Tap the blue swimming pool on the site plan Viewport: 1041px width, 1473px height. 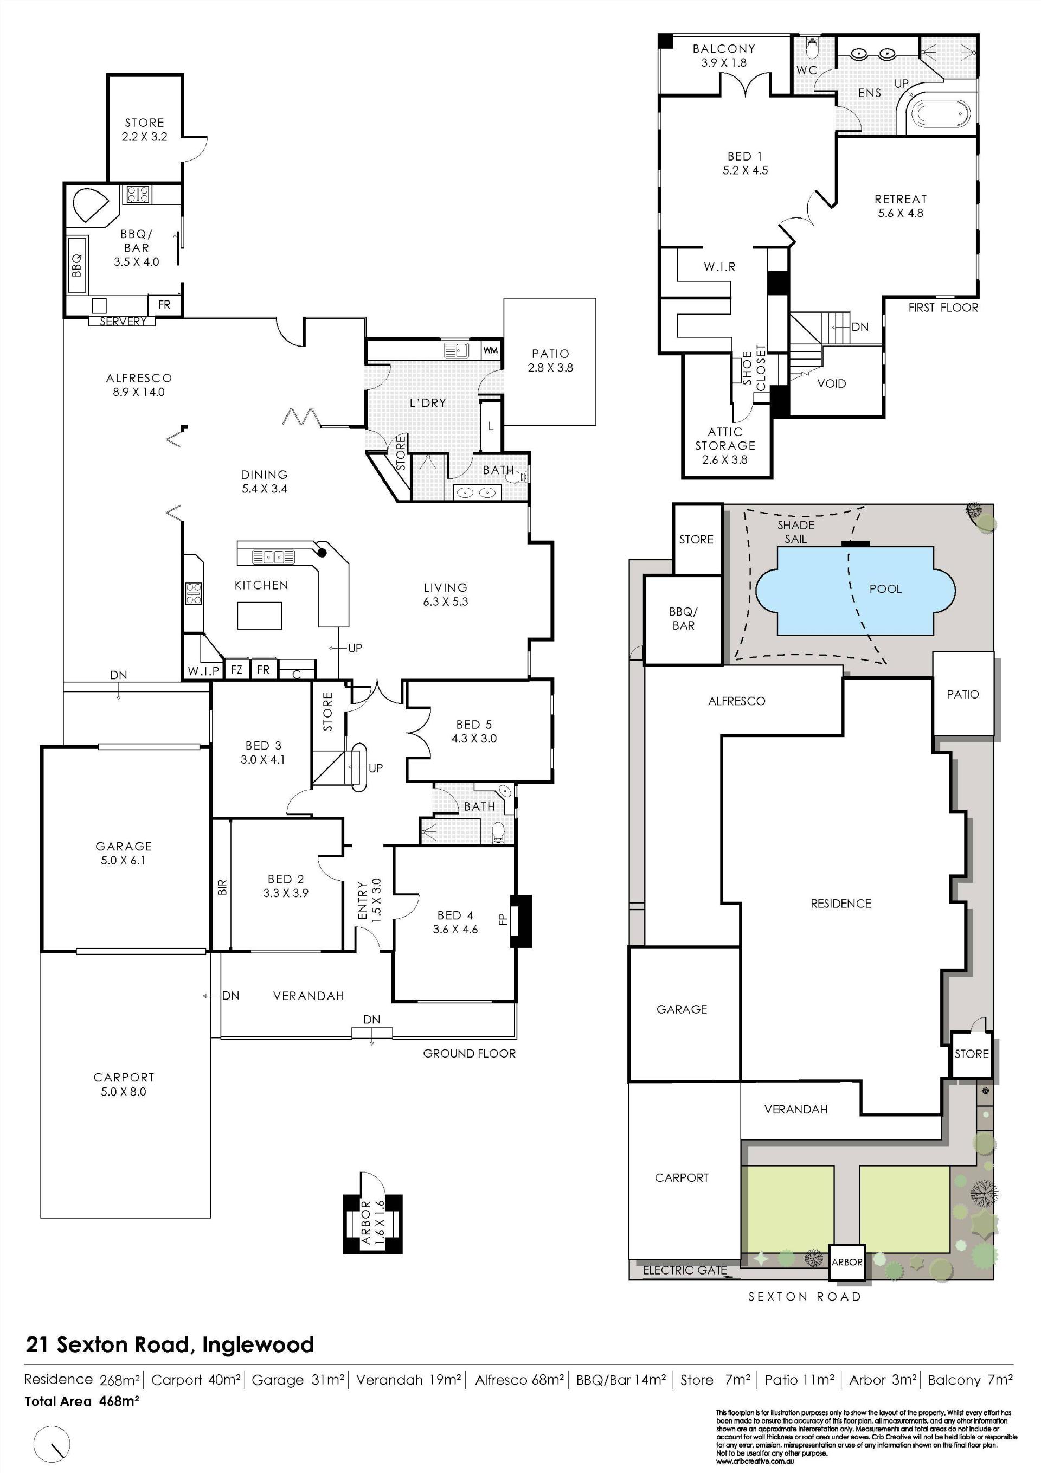[856, 590]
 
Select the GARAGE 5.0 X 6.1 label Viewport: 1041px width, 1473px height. [124, 853]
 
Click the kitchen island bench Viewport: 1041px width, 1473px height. [260, 615]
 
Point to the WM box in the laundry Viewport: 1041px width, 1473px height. [491, 350]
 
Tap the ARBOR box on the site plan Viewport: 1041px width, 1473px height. [847, 1262]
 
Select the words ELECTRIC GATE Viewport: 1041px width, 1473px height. [684, 1270]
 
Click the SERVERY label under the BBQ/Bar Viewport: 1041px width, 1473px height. [123, 322]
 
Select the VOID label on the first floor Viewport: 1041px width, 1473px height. [831, 383]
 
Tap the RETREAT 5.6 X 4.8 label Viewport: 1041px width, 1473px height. [901, 206]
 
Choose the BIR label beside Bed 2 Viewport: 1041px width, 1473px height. [222, 887]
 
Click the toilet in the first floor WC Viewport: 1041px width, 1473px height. [813, 48]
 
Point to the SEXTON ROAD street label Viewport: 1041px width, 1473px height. [804, 1297]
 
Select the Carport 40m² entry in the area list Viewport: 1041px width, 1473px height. [196, 1379]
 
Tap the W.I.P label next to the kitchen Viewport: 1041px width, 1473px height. [204, 671]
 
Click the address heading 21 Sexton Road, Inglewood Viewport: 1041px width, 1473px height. [170, 1344]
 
